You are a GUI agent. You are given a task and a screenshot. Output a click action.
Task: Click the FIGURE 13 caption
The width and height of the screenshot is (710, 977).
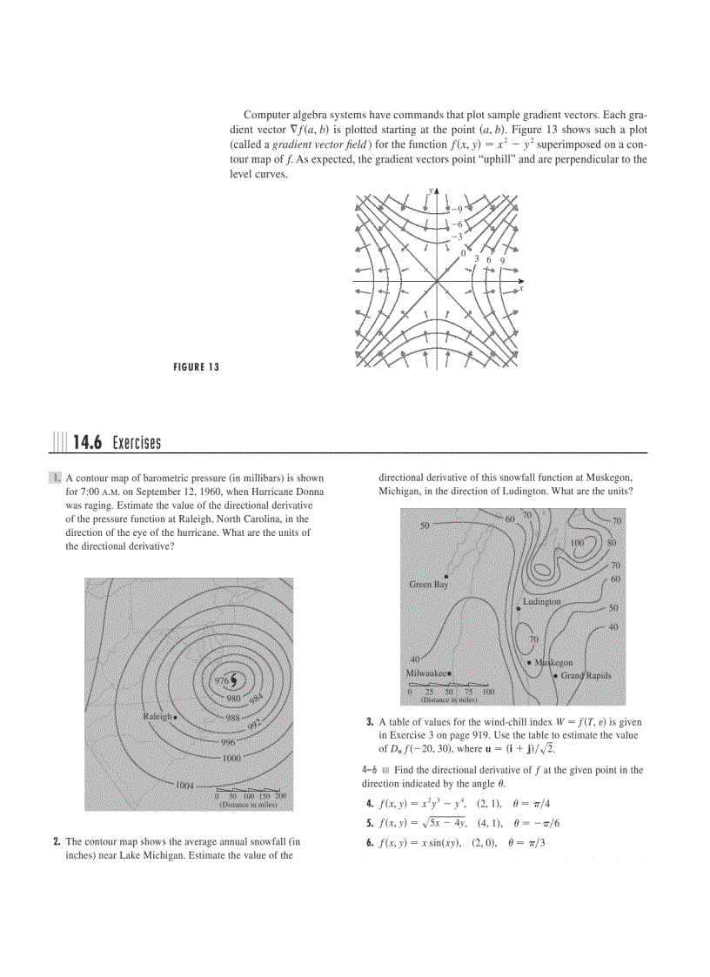(x=196, y=367)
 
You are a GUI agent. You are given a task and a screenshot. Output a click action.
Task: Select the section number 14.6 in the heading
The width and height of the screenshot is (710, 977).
(x=87, y=444)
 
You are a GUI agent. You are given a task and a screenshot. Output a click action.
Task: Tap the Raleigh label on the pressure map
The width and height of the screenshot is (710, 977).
(x=157, y=716)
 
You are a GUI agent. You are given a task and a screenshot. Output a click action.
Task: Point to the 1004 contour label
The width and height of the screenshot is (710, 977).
(x=184, y=785)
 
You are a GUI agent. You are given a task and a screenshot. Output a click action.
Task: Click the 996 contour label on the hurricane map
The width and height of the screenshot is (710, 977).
(x=227, y=742)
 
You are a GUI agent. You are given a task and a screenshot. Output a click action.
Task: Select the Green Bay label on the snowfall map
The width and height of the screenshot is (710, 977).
(x=428, y=585)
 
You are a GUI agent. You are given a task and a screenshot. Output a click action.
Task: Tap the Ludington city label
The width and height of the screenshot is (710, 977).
(x=542, y=601)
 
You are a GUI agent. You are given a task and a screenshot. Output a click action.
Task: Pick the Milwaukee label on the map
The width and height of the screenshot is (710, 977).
(x=425, y=673)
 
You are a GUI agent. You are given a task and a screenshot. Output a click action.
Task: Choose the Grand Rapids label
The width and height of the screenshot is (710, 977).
(x=586, y=676)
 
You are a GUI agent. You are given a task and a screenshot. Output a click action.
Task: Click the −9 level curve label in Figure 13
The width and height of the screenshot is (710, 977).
(x=456, y=209)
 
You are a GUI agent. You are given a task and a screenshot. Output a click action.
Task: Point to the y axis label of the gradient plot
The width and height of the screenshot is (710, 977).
(x=430, y=189)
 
